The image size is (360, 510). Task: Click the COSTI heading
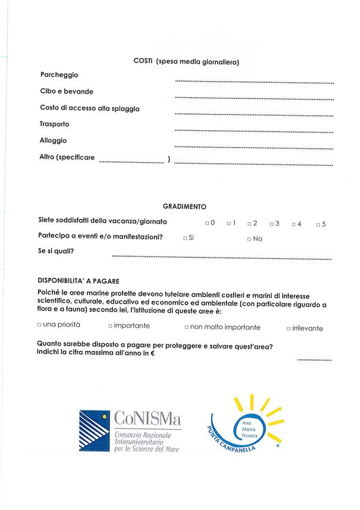click(x=186, y=61)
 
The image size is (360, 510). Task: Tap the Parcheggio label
click(x=59, y=75)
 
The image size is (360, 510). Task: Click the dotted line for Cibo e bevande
click(x=254, y=97)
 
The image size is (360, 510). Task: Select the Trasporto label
click(x=55, y=124)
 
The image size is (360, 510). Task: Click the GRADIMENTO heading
click(x=184, y=206)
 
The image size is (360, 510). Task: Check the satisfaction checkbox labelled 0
click(x=206, y=223)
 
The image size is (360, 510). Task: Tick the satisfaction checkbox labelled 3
click(x=271, y=224)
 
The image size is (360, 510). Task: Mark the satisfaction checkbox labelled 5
click(x=318, y=224)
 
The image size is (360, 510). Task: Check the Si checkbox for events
click(x=185, y=239)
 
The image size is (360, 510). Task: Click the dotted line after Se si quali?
click(x=221, y=258)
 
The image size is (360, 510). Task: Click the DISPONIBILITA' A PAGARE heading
click(x=79, y=281)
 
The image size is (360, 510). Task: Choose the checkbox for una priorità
click(x=39, y=325)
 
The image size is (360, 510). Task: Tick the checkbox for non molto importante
click(x=187, y=328)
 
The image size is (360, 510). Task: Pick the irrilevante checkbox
click(x=289, y=329)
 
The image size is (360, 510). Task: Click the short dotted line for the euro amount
click(x=314, y=359)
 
